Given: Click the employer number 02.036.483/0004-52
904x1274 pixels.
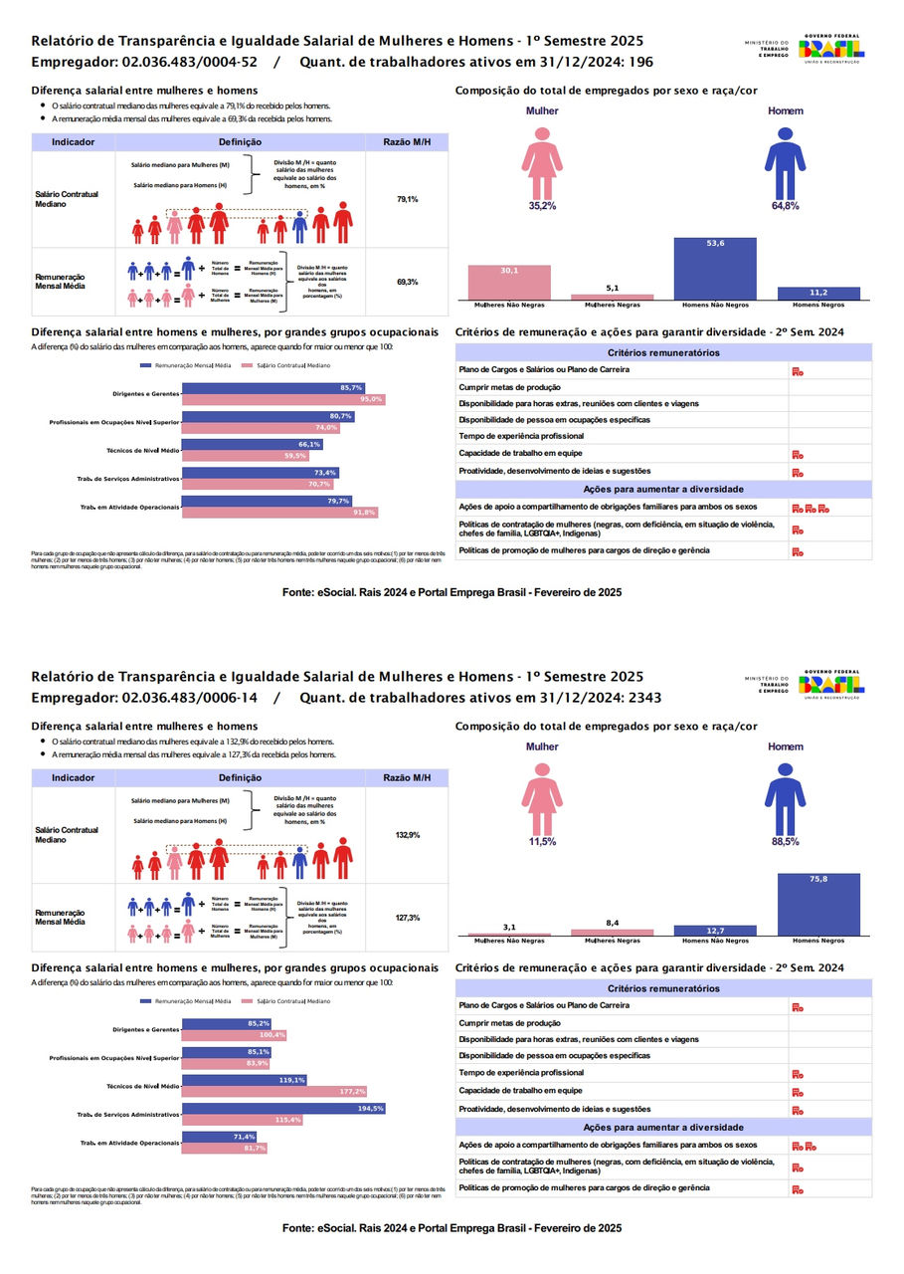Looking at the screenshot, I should [x=189, y=62].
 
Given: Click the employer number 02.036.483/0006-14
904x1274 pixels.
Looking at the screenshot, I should [x=189, y=698].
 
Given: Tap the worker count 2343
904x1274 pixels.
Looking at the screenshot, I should [x=642, y=698].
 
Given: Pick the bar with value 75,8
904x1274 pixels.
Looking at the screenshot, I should [x=817, y=905].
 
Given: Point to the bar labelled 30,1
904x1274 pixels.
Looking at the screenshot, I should [x=508, y=283].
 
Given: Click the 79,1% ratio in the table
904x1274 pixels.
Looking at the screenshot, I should [x=407, y=200].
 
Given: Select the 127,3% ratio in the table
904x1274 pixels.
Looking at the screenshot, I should [x=407, y=918].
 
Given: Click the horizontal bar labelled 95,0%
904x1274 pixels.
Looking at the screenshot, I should [x=283, y=399].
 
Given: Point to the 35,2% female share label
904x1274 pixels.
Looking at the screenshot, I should [x=542, y=205].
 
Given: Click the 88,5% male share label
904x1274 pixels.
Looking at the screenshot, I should [x=785, y=841].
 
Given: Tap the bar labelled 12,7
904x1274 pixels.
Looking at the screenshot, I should [x=715, y=931].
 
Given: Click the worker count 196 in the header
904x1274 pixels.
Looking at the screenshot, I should [x=642, y=62].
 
